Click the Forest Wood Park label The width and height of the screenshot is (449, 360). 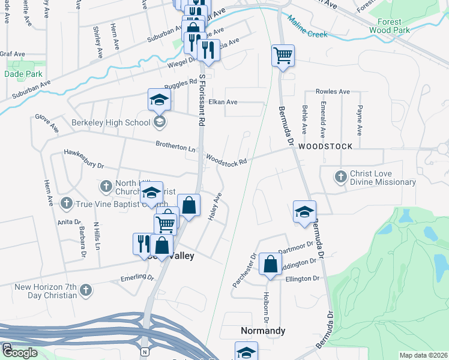click(390, 25)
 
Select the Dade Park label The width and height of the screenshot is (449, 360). click(23, 74)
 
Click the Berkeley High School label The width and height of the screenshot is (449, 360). click(111, 123)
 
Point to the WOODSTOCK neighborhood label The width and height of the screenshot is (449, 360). click(321, 146)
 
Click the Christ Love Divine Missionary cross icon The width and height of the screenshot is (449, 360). click(340, 176)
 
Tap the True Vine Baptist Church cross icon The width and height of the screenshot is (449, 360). click(66, 203)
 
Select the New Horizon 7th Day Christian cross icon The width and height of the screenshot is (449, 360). click(85, 290)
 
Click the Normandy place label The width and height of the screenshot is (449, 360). click(262, 331)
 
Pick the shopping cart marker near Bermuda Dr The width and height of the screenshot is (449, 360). click(283, 56)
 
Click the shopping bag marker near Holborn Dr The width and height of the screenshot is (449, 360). click(271, 263)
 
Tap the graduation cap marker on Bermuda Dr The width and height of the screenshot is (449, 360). click(305, 212)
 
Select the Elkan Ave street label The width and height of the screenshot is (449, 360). click(223, 102)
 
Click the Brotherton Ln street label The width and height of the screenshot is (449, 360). click(176, 146)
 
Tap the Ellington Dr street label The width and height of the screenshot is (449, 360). click(303, 279)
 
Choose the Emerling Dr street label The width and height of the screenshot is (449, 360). click(137, 277)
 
